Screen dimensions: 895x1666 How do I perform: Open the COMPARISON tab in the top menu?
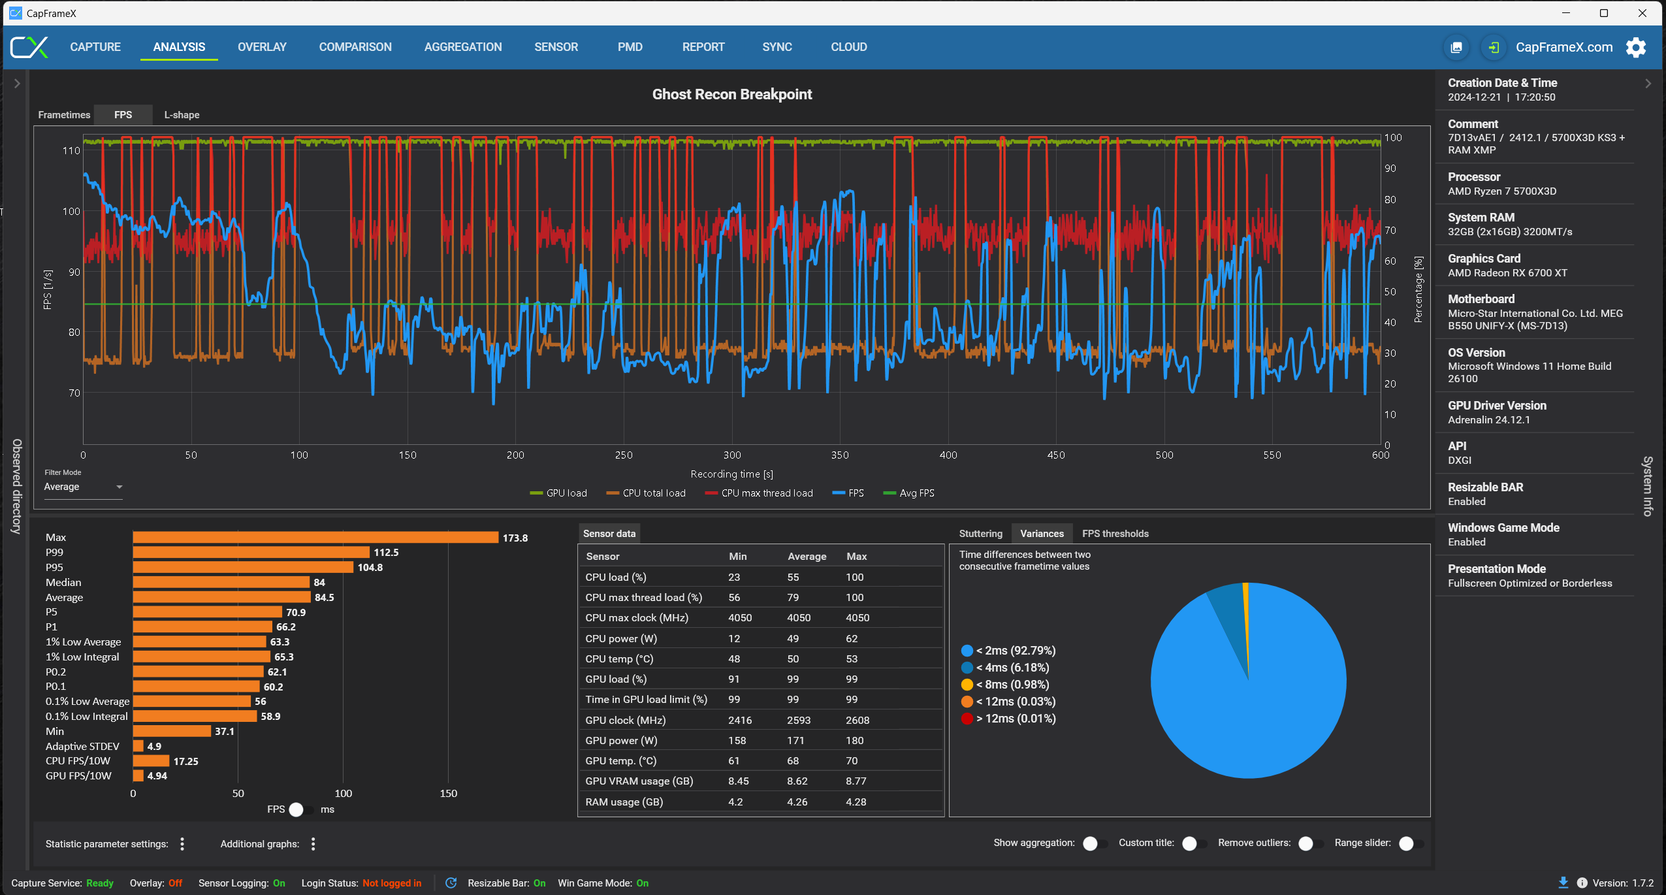(x=355, y=47)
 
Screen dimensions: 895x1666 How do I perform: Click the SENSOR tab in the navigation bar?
(x=556, y=47)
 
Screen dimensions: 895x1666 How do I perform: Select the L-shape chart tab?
(x=182, y=115)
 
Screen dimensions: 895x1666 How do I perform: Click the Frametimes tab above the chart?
(x=64, y=115)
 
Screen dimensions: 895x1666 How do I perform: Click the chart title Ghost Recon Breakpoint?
(x=731, y=94)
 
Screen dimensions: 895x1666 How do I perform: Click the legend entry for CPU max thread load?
(x=766, y=493)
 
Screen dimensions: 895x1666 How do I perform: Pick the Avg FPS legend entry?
(x=916, y=493)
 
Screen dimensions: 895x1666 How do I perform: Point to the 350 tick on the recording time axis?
(x=840, y=455)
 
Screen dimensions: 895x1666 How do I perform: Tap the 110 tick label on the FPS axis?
(x=71, y=151)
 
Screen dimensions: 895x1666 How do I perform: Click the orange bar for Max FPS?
(x=315, y=537)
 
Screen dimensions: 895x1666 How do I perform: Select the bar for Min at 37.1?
(x=172, y=731)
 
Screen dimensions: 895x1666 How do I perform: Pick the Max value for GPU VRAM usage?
(x=856, y=781)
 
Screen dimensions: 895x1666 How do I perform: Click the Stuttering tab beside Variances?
(x=980, y=534)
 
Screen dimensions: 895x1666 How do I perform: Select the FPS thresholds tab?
(x=1115, y=534)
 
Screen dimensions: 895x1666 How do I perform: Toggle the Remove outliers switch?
(x=1309, y=843)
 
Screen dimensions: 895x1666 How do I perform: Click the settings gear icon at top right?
(x=1636, y=47)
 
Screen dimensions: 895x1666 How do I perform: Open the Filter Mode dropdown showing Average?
(x=83, y=487)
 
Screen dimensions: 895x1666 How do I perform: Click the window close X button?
(x=1642, y=13)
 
